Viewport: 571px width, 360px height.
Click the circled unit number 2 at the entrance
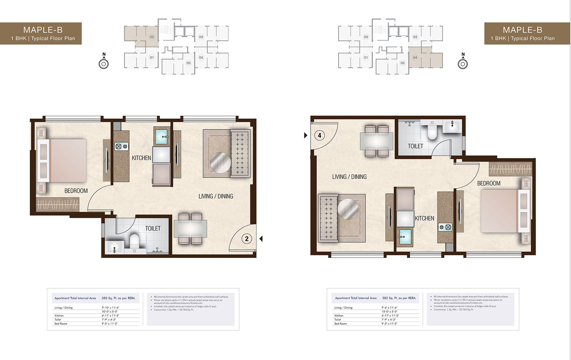(247, 239)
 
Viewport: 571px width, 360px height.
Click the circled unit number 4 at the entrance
(319, 135)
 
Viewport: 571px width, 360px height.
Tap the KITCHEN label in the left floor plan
(141, 158)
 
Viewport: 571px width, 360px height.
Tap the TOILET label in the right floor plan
(415, 146)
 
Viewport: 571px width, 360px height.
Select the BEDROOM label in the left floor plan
(76, 191)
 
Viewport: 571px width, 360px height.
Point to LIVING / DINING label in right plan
(349, 177)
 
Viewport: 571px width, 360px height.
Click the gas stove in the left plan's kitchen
(121, 146)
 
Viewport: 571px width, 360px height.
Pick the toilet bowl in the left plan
(134, 241)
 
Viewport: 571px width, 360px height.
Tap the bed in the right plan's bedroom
(499, 211)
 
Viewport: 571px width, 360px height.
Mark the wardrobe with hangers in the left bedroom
(57, 204)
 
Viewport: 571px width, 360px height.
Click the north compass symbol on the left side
(103, 64)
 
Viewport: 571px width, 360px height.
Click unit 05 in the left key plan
(188, 63)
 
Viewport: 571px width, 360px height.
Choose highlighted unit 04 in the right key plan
(415, 57)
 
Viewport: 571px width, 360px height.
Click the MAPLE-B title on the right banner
(522, 30)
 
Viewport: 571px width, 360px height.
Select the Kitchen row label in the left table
(59, 316)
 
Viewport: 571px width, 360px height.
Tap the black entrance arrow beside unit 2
(261, 239)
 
